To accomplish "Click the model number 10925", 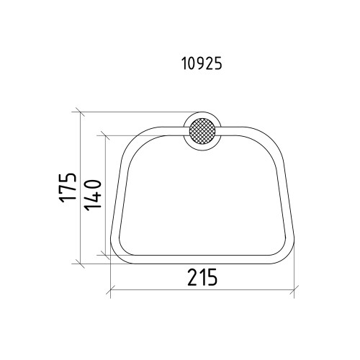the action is pyautogui.click(x=202, y=64).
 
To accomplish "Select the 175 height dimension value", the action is pyautogui.click(x=68, y=187).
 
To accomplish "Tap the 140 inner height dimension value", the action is pyautogui.click(x=93, y=196).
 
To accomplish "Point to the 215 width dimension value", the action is pyautogui.click(x=202, y=277).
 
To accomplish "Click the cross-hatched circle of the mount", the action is pyautogui.click(x=202, y=131).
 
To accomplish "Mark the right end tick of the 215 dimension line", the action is pyautogui.click(x=294, y=289).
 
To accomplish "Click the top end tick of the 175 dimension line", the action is pyautogui.click(x=80, y=112).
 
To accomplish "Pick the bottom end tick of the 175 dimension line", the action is pyautogui.click(x=80, y=264).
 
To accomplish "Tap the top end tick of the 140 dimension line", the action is pyautogui.click(x=106, y=135).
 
